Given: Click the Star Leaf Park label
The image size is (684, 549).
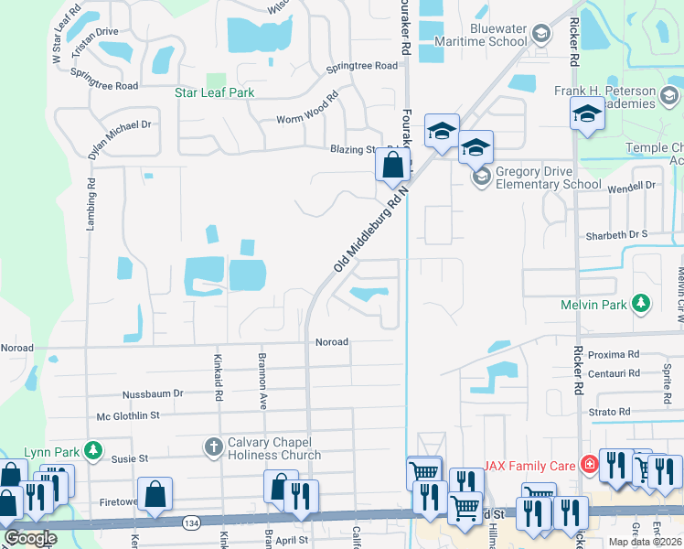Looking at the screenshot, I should pyautogui.click(x=214, y=92).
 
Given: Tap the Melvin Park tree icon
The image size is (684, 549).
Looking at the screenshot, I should pyautogui.click(x=642, y=303).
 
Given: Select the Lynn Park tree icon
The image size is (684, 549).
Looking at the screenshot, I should pyautogui.click(x=92, y=450).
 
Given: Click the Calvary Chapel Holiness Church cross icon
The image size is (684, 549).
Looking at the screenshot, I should pyautogui.click(x=213, y=447).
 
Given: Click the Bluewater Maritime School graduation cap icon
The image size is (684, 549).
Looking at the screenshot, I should pyautogui.click(x=541, y=35).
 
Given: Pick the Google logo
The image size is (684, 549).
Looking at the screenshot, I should pyautogui.click(x=29, y=538).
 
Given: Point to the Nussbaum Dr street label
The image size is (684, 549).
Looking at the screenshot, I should pyautogui.click(x=153, y=393).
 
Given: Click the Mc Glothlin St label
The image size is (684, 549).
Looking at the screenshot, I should pyautogui.click(x=128, y=415).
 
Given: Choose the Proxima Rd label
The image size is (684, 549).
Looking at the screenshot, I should pyautogui.click(x=613, y=354).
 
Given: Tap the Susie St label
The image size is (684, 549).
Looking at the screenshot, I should pyautogui.click(x=129, y=457).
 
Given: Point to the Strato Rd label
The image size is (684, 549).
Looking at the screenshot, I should pyautogui.click(x=610, y=412).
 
